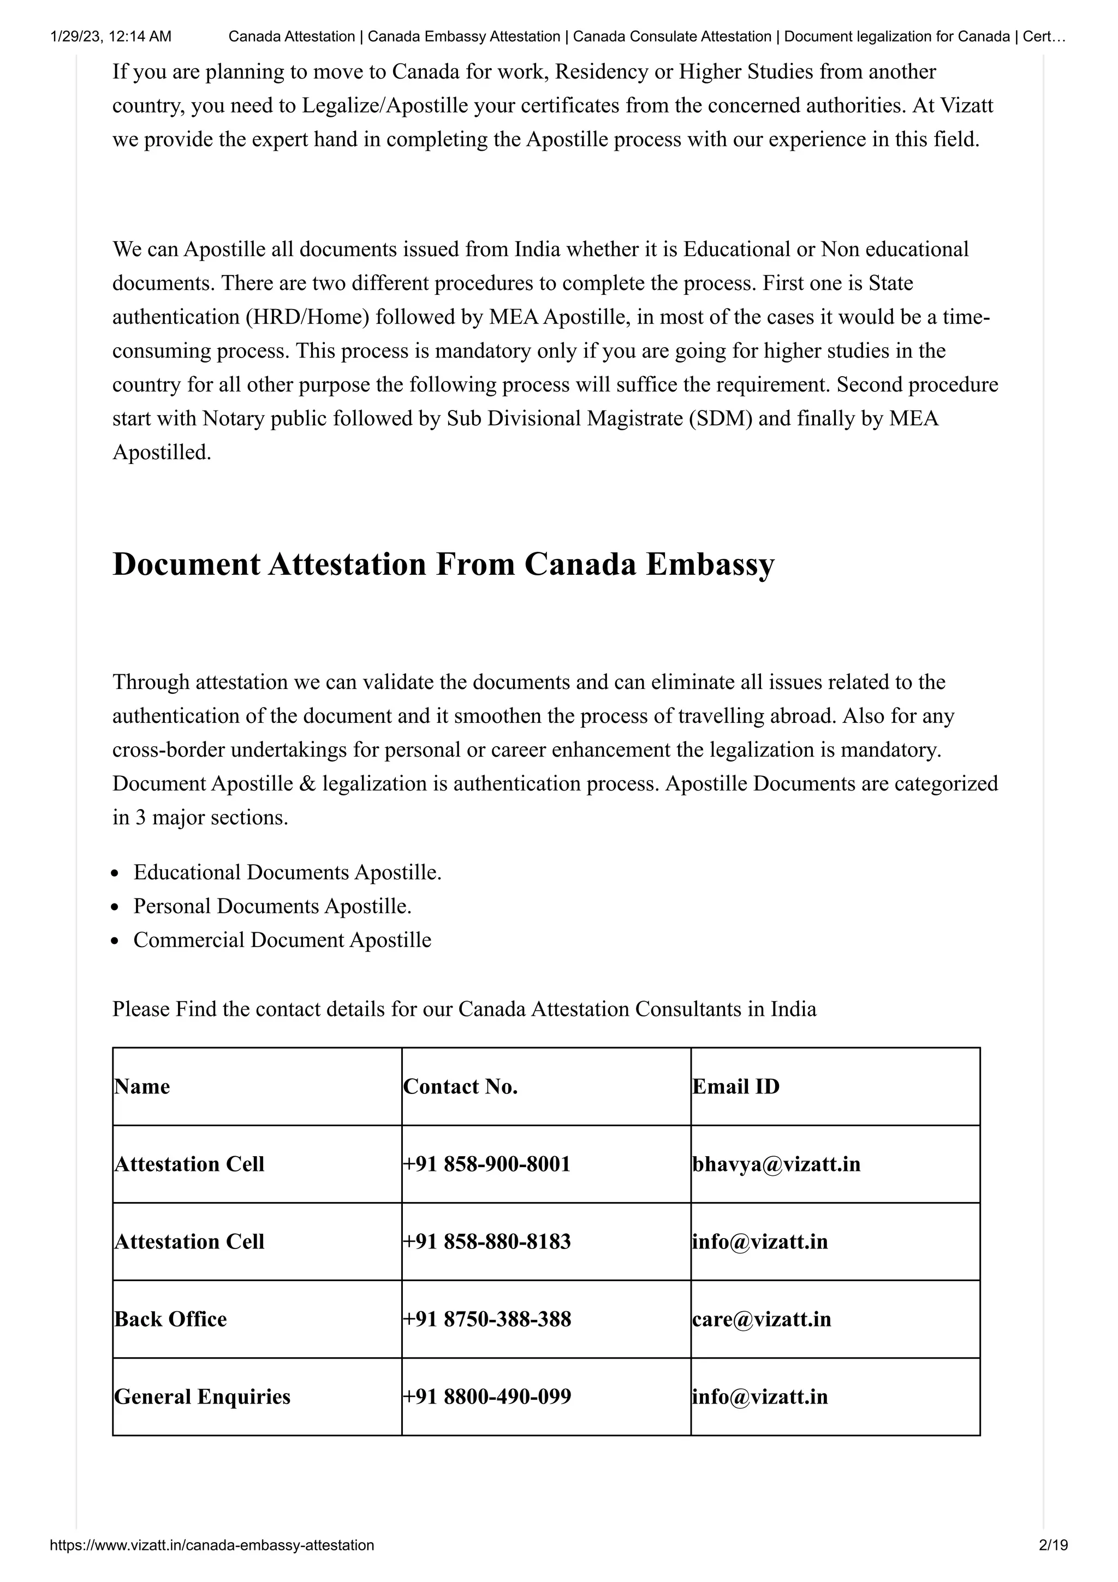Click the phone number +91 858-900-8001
tap(486, 1164)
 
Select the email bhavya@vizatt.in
tap(776, 1164)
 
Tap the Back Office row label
tap(170, 1319)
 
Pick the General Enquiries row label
tap(202, 1396)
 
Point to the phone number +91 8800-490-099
tap(486, 1396)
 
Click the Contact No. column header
tap(460, 1086)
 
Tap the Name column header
tap(142, 1086)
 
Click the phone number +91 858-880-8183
tap(486, 1241)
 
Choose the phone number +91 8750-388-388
tap(486, 1319)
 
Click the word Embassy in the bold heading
tap(710, 564)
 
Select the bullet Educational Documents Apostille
tap(287, 872)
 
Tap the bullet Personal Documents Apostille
tap(272, 906)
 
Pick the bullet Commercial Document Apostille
tap(282, 940)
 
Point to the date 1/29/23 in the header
tap(75, 37)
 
